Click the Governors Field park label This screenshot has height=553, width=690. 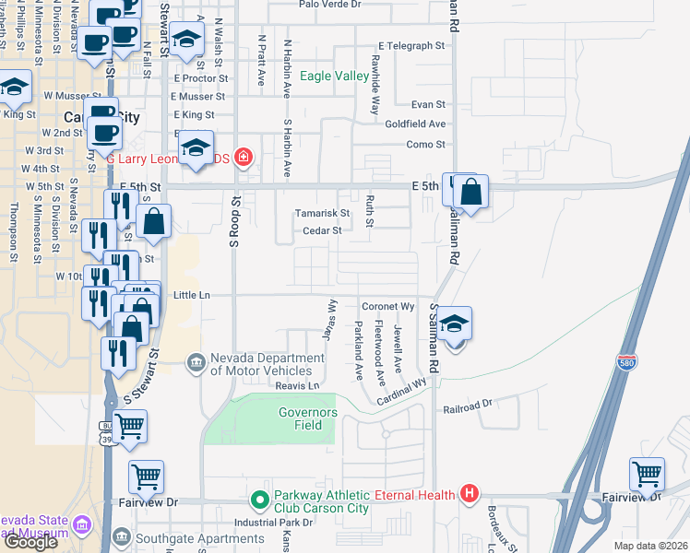coord(309,418)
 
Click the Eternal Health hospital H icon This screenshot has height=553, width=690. coord(470,495)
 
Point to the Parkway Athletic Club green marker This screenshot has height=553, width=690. coord(260,501)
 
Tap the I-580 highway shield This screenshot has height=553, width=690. coord(627,363)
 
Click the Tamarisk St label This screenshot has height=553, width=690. coord(322,213)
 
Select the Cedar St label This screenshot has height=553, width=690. coord(322,231)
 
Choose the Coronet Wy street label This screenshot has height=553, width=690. coord(386,306)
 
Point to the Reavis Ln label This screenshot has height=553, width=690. coord(301,385)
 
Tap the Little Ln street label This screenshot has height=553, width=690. coord(192,295)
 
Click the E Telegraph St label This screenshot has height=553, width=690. coord(418,45)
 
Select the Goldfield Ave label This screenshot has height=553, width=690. coord(415,124)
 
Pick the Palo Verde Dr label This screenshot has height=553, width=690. coord(330,4)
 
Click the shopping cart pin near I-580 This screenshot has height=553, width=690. coord(647,476)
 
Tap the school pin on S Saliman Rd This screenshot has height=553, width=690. coord(453,324)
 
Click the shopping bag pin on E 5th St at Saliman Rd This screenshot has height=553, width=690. coord(470,193)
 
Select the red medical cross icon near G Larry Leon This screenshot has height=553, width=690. coord(243,157)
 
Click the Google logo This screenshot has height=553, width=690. coord(30,542)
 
